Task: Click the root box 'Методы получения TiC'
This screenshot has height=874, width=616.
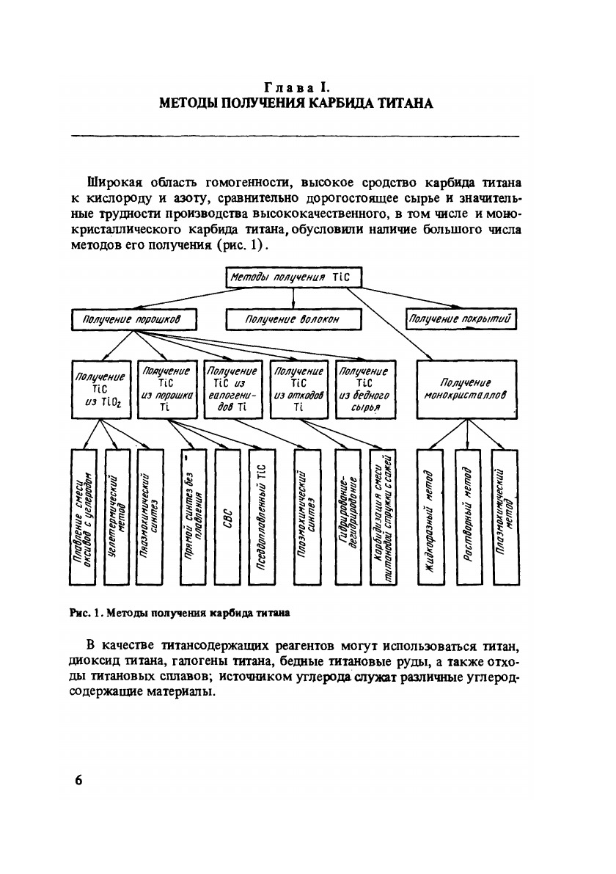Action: coord(293,278)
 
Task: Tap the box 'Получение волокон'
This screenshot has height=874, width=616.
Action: coord(293,320)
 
